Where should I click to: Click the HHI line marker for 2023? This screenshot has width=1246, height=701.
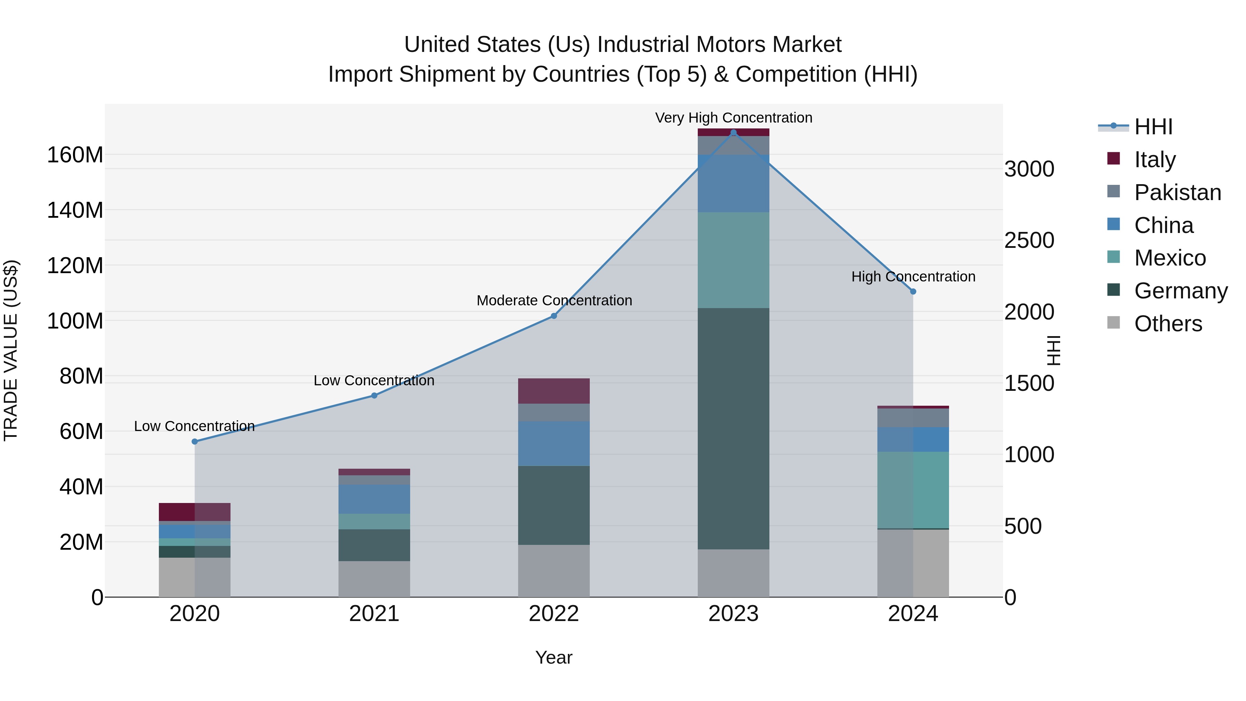click(733, 133)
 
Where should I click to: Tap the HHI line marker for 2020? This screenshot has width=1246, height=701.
click(195, 442)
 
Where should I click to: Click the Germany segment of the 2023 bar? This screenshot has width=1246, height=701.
click(733, 428)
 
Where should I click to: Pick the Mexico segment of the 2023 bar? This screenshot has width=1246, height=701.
click(733, 260)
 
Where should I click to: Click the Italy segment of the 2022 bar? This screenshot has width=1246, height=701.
click(554, 391)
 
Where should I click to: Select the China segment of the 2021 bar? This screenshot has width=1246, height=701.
click(374, 499)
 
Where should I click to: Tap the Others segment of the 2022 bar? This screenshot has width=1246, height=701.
click(554, 571)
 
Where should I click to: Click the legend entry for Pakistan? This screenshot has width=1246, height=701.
click(1177, 192)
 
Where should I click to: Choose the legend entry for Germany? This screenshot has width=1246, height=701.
click(1180, 291)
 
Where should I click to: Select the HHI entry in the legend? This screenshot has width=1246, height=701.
click(1153, 127)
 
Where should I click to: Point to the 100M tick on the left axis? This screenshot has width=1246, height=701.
click(75, 321)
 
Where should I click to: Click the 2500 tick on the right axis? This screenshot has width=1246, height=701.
click(1029, 241)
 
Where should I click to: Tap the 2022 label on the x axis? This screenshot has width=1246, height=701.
click(554, 614)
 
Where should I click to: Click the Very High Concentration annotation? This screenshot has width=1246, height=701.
click(733, 118)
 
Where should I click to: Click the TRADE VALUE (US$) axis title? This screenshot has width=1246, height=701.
click(11, 350)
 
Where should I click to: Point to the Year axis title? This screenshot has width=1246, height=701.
click(554, 657)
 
